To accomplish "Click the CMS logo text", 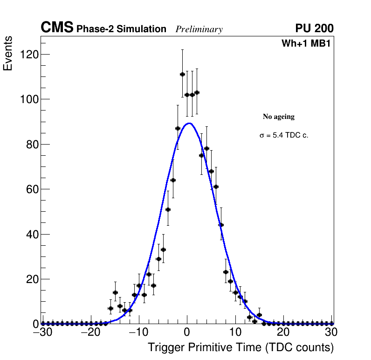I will tap(57, 28).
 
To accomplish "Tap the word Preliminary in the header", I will tap(199, 29).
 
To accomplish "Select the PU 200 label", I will tap(314, 28).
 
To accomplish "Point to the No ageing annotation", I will tap(279, 117).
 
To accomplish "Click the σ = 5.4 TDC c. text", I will tap(284, 135).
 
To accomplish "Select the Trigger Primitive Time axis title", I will tap(240, 347).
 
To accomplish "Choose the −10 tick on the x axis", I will tap(138, 333).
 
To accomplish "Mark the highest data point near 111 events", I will tap(182, 74).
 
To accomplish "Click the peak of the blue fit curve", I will tap(189, 124).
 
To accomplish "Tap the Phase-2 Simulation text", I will tap(121, 29).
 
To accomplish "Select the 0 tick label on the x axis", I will tap(187, 333).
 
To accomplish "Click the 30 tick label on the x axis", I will tap(331, 333).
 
